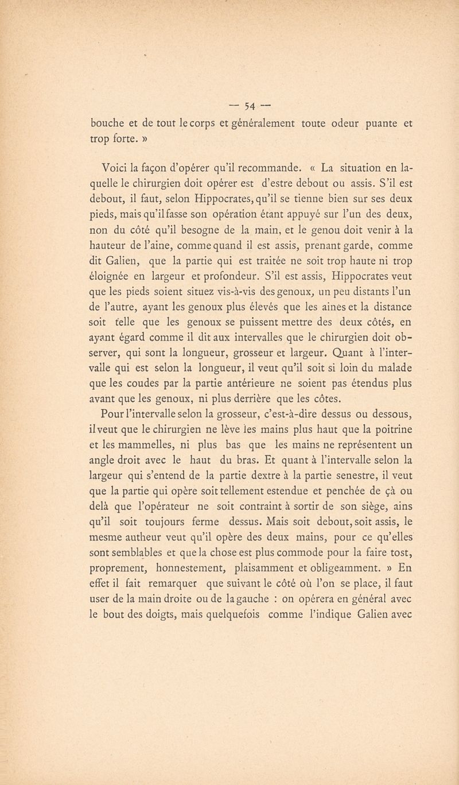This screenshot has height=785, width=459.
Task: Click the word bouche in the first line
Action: point(109,122)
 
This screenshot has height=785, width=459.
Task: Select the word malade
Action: point(395,371)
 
